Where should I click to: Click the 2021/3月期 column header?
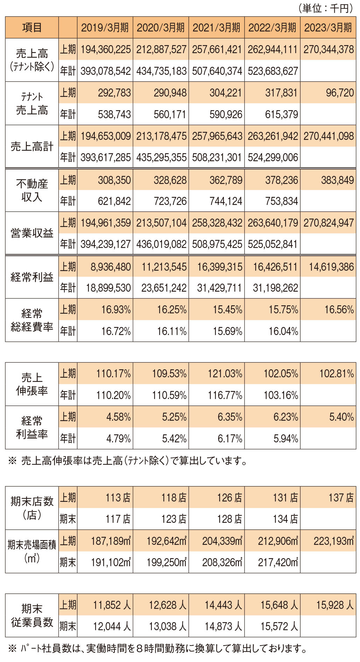pos(216,28)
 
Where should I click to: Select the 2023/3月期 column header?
pos(328,28)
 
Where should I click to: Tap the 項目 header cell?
pos(32,28)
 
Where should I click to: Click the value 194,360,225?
pos(106,49)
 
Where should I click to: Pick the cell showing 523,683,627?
pos(273,71)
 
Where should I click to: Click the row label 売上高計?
pos(32,147)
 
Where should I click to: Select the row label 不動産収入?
pos(32,190)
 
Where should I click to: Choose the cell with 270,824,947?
pos(329,223)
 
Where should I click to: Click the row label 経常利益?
pos(32,277)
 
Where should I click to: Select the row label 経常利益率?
pos(32,427)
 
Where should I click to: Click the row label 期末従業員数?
pos(32,615)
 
